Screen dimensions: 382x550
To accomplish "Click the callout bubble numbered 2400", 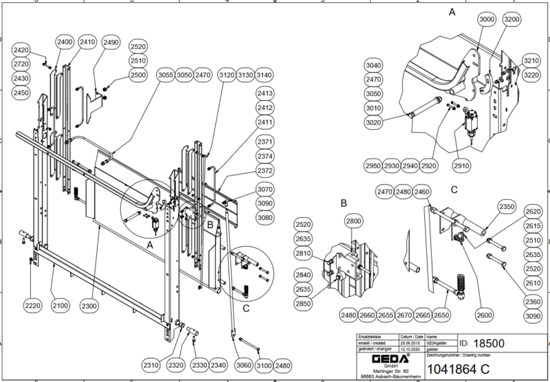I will (x=65, y=42).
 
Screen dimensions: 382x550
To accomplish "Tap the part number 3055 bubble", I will (x=165, y=74).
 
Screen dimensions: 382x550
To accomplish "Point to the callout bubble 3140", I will (x=264, y=74).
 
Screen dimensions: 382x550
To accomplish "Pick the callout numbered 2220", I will (x=33, y=304).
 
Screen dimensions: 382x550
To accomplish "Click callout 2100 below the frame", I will (x=60, y=304).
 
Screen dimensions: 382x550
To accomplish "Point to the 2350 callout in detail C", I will (x=506, y=207).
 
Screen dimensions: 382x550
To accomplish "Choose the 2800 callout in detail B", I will (x=353, y=222).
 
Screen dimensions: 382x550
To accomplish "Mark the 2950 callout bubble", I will (x=373, y=166).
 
